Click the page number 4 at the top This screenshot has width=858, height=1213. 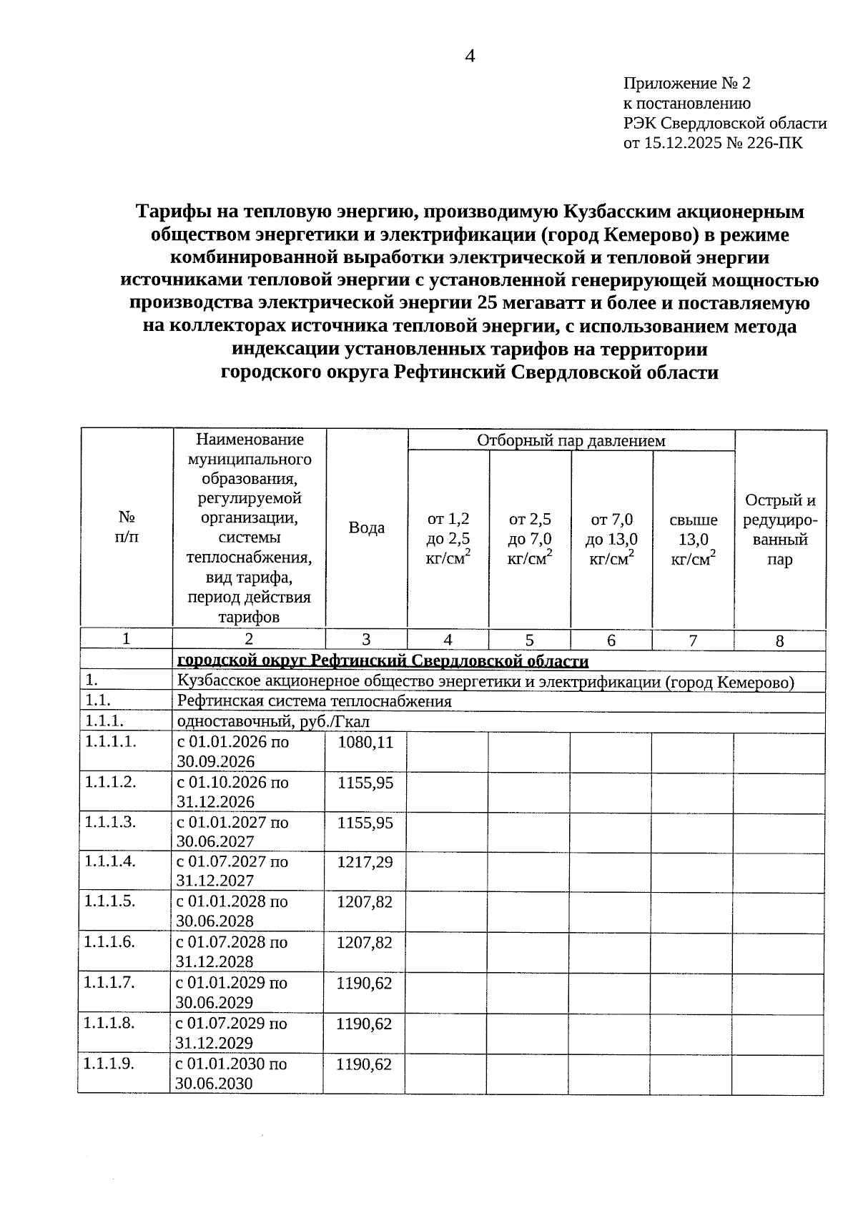[470, 56]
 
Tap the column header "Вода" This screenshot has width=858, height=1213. [366, 528]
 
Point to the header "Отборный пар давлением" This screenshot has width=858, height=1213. [571, 440]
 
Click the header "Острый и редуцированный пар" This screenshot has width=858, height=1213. [780, 530]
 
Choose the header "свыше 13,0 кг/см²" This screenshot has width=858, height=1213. [693, 539]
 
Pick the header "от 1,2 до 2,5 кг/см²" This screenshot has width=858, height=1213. [448, 539]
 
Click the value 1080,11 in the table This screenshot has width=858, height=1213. [365, 742]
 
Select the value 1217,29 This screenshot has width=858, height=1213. [365, 862]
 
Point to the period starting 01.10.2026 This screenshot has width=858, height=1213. [232, 792]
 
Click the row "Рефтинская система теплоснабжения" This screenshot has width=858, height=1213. [314, 701]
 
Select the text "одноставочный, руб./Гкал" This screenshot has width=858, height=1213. [273, 722]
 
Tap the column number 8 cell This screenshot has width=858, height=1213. [779, 641]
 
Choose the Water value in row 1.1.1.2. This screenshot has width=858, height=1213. [365, 783]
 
